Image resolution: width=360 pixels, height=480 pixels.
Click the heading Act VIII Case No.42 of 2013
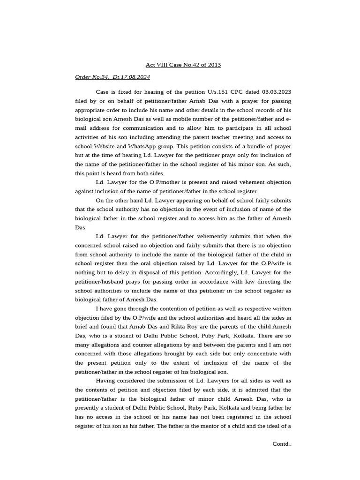183,65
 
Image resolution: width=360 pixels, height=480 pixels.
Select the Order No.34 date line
112,77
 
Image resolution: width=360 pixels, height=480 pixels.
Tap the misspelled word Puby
219,336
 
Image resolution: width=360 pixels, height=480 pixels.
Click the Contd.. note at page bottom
282,444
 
